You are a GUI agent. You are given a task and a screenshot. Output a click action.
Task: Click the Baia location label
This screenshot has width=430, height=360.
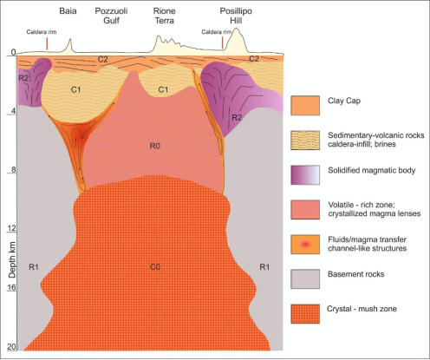point(68,11)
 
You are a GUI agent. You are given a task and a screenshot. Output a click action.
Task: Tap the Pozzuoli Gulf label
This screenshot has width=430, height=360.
point(111,16)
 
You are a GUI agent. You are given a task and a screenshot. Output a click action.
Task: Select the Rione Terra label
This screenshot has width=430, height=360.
point(164,16)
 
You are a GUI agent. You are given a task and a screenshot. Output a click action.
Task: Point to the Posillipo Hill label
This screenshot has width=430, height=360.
point(236,16)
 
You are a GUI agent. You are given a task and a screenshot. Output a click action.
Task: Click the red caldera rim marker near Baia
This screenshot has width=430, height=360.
point(47,43)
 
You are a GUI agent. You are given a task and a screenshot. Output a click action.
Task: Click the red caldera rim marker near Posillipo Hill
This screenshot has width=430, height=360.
point(222,43)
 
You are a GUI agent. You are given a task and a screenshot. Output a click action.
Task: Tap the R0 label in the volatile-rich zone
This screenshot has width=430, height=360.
point(155,146)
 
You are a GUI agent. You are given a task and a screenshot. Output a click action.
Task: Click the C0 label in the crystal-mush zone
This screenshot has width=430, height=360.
point(155,266)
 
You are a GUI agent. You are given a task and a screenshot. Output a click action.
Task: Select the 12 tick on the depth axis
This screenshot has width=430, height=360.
point(11,229)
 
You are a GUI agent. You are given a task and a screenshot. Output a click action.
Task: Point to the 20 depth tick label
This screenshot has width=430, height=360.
point(11,347)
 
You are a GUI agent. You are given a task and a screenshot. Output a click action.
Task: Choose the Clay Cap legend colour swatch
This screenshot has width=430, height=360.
point(305,106)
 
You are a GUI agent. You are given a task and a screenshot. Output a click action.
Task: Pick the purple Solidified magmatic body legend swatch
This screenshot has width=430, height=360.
point(305,175)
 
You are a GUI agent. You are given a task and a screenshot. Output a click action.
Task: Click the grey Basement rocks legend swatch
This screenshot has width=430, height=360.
point(305,279)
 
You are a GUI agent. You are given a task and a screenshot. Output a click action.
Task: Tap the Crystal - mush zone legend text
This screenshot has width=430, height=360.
point(362,309)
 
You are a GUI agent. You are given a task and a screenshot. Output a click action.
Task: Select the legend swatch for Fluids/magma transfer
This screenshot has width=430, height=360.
point(305,245)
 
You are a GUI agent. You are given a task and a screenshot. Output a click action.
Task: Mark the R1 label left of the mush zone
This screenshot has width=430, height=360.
point(34,266)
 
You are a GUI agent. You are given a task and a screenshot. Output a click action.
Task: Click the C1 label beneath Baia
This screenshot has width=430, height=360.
point(75,89)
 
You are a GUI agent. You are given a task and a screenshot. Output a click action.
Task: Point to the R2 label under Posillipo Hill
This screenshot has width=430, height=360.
point(237,117)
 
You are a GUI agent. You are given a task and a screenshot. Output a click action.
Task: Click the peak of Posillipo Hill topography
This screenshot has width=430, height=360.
point(237,29)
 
